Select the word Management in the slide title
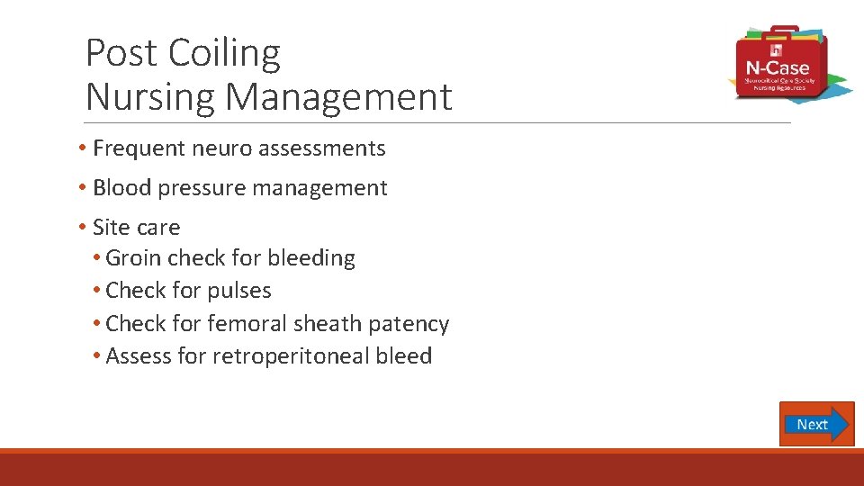click(338, 96)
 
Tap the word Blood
click(121, 188)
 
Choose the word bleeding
click(310, 258)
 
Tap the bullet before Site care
click(81, 228)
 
